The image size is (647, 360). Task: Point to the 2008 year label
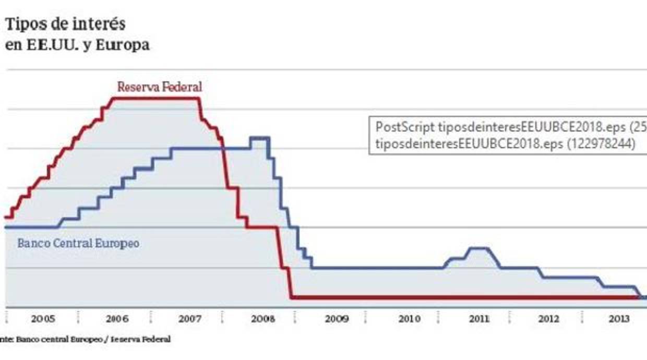259,319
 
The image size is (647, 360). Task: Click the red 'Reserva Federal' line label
159,87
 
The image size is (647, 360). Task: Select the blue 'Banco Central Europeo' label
78,243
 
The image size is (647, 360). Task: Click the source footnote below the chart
86,339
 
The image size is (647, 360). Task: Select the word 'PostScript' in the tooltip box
405,127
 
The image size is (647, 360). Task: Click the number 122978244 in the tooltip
600,144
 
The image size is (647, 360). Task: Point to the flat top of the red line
157,98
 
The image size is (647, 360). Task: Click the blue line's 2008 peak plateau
259,138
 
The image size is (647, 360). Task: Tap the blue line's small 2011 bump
478,248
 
